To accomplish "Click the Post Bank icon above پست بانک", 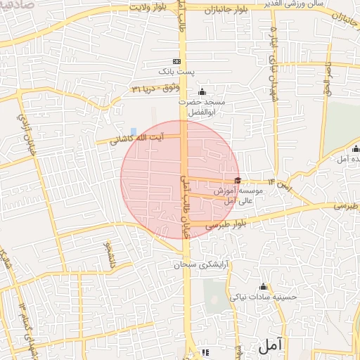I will (175, 61).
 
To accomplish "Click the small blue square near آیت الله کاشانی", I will (134, 131).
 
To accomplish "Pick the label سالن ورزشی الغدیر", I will (309, 4).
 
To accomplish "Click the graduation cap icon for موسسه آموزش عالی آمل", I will (238, 180).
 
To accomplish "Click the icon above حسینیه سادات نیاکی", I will (264, 286).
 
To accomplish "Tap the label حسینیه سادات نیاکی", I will (268, 297).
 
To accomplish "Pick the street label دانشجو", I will (110, 255).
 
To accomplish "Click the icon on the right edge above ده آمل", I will (355, 149).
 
